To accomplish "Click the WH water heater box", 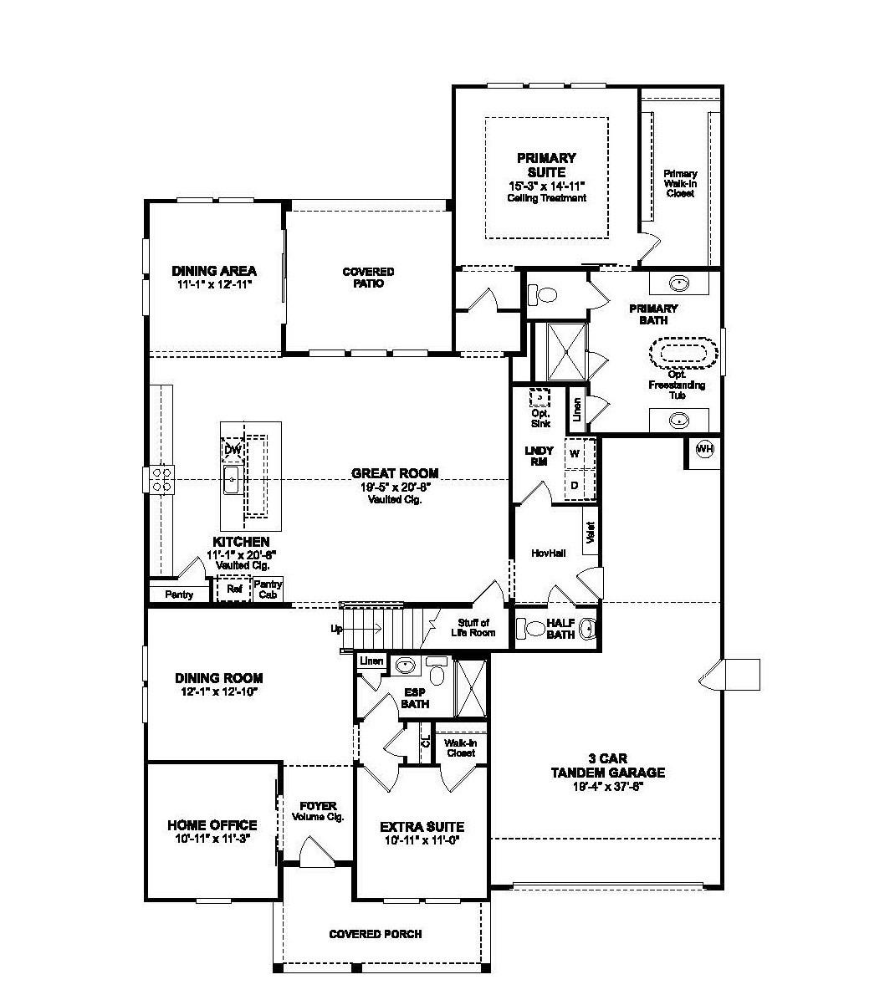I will click(x=704, y=450).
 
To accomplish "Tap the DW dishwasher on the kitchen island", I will click(x=232, y=451).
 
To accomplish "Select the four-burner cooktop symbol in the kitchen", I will click(x=161, y=479).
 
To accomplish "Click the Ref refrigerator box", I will click(x=234, y=589).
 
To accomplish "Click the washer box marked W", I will click(x=575, y=453).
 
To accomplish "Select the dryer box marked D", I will click(x=575, y=484).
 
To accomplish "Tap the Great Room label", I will click(x=394, y=473).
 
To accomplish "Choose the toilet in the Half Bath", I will click(x=531, y=628).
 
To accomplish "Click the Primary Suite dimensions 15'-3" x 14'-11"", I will click(x=546, y=185).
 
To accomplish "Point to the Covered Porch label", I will click(x=375, y=934).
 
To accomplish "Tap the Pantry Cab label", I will click(x=268, y=589).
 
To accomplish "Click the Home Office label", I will click(x=212, y=825).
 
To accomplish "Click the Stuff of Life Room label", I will click(x=476, y=627).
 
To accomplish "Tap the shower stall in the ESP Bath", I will click(x=470, y=688).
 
